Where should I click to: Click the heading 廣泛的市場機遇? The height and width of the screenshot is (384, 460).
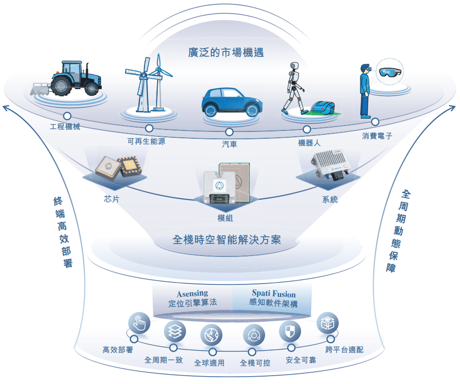(226, 52)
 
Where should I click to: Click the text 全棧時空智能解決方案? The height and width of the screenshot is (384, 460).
(227, 240)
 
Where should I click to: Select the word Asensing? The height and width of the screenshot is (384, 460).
(192, 294)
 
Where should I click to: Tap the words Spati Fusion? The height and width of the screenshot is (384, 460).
(274, 293)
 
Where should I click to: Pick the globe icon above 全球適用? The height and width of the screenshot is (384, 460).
(212, 335)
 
